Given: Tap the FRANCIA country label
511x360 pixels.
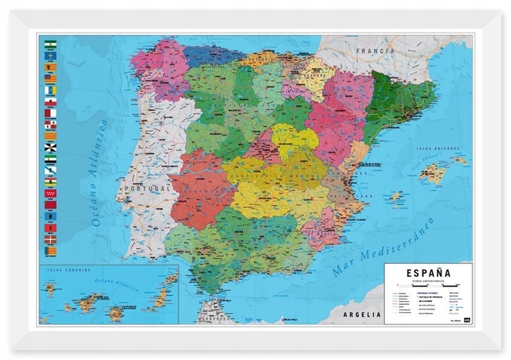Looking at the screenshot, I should [x=378, y=51].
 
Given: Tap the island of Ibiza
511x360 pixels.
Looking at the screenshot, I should [x=395, y=197].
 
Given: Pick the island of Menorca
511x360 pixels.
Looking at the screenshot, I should [x=460, y=160].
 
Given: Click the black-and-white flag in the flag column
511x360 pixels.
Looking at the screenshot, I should [x=51, y=147].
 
